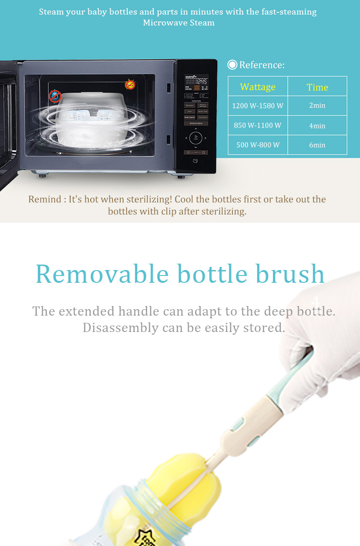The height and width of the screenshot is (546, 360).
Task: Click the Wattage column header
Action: coord(258,87)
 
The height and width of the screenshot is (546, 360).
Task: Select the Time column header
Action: coord(317,87)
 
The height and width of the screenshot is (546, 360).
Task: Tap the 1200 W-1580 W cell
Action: coord(258,106)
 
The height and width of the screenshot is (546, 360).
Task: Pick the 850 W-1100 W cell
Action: coord(258,125)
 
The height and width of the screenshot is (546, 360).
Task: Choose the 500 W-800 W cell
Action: coord(258,145)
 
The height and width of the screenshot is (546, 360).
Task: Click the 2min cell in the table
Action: coord(317,106)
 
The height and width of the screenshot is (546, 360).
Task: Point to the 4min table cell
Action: coord(317,125)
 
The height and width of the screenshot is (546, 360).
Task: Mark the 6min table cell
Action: coord(317,145)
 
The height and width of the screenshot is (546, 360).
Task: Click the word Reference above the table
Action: coord(262,65)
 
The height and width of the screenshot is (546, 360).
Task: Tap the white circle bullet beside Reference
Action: coord(232,65)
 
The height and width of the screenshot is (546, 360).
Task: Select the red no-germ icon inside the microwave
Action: coord(55,96)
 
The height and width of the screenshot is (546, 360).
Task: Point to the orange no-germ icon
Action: coord(130,85)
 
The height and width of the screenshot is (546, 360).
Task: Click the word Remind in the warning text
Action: coord(45,199)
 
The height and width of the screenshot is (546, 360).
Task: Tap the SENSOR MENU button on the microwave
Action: coord(196,123)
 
